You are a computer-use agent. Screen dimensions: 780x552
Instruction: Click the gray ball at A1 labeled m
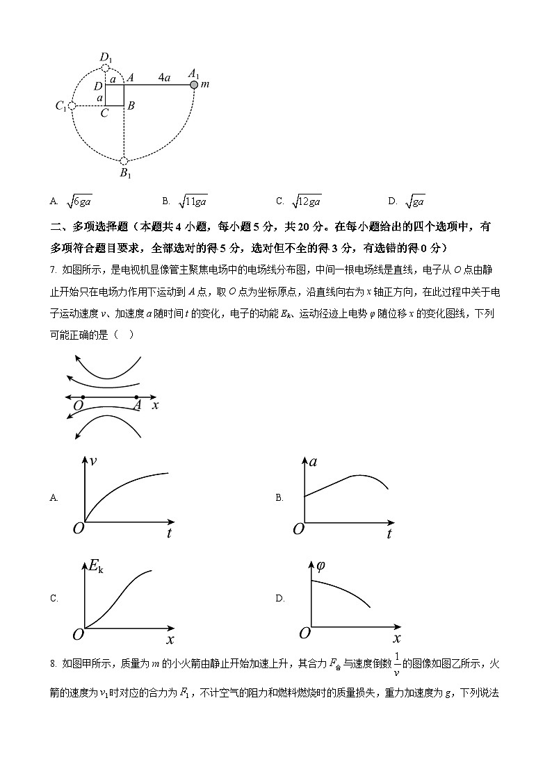[194, 85]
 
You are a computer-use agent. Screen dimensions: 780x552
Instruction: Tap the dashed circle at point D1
[106, 68]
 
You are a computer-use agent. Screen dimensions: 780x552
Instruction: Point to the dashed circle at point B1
[124, 161]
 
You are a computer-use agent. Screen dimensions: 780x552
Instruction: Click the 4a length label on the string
[164, 77]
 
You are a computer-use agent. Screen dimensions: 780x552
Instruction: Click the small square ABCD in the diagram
[114, 96]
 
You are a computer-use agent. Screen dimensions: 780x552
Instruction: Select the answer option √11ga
[193, 201]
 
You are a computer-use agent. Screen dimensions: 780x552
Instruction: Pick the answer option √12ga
[306, 201]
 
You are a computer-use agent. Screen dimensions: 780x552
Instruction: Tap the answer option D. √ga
[415, 201]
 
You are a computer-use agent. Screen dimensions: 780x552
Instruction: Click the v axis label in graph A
[93, 460]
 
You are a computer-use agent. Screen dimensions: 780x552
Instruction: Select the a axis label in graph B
[314, 461]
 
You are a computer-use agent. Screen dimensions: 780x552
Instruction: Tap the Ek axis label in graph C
[96, 565]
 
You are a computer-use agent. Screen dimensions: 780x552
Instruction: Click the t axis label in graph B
[389, 533]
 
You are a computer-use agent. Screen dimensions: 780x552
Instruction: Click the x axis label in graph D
[396, 638]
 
